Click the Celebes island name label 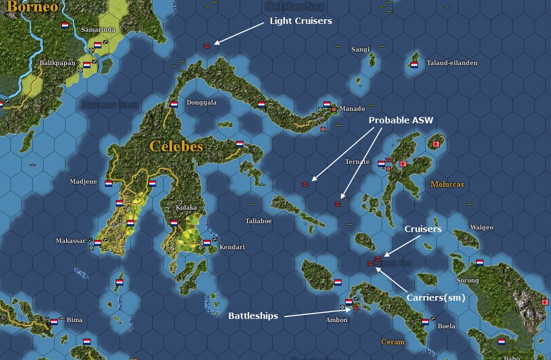click(x=176, y=146)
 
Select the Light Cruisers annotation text click(x=300, y=21)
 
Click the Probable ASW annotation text click(x=401, y=120)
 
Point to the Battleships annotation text click(x=253, y=316)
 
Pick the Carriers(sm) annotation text click(x=436, y=298)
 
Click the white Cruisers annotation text click(x=423, y=229)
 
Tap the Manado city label click(x=352, y=109)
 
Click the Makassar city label click(x=70, y=241)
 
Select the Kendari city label click(x=232, y=247)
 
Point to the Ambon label click(x=336, y=319)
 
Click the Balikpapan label click(x=57, y=63)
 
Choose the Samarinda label click(x=98, y=30)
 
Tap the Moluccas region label click(x=447, y=184)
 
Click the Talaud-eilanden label click(x=452, y=63)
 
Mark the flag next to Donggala click(x=174, y=104)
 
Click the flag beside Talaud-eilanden click(x=414, y=65)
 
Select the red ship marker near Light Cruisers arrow click(x=207, y=46)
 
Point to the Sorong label click(x=467, y=280)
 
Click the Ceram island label click(x=392, y=342)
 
